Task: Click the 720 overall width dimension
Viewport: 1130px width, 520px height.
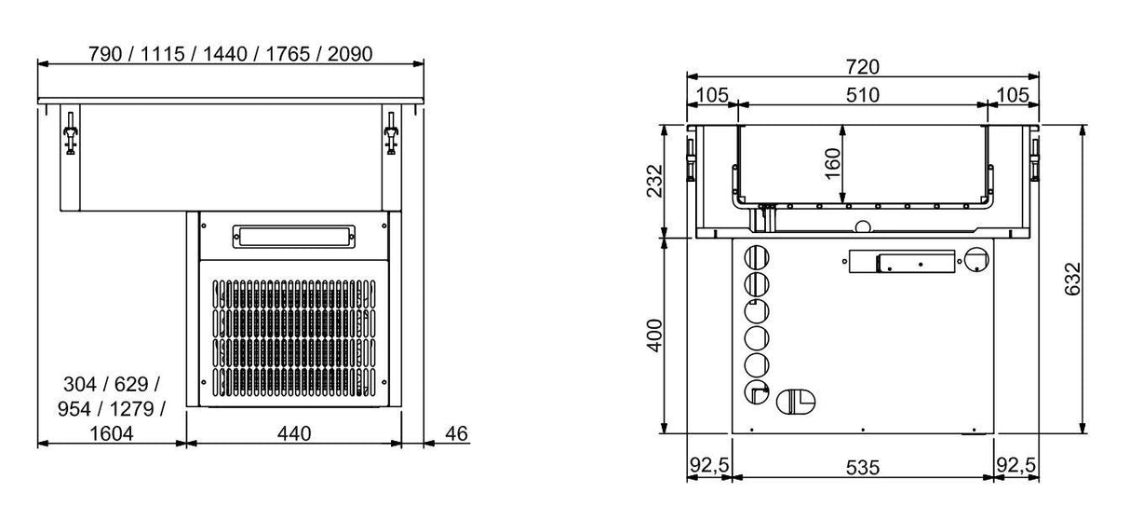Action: pyautogui.click(x=863, y=66)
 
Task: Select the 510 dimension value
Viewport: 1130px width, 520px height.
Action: pyautogui.click(x=863, y=94)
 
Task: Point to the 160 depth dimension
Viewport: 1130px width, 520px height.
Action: pyautogui.click(x=833, y=163)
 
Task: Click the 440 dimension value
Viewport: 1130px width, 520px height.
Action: pyautogui.click(x=294, y=433)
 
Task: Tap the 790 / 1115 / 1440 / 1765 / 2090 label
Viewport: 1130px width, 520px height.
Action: pyautogui.click(x=230, y=53)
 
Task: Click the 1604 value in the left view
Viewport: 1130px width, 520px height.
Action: pyautogui.click(x=112, y=433)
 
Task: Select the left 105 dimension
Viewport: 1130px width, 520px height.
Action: pyautogui.click(x=712, y=94)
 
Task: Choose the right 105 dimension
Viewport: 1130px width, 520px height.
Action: pyautogui.click(x=1012, y=94)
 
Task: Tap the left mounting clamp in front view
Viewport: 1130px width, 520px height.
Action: pyautogui.click(x=69, y=136)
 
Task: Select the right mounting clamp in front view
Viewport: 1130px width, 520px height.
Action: pyautogui.click(x=392, y=136)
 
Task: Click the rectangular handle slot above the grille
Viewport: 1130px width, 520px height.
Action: pyautogui.click(x=293, y=237)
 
